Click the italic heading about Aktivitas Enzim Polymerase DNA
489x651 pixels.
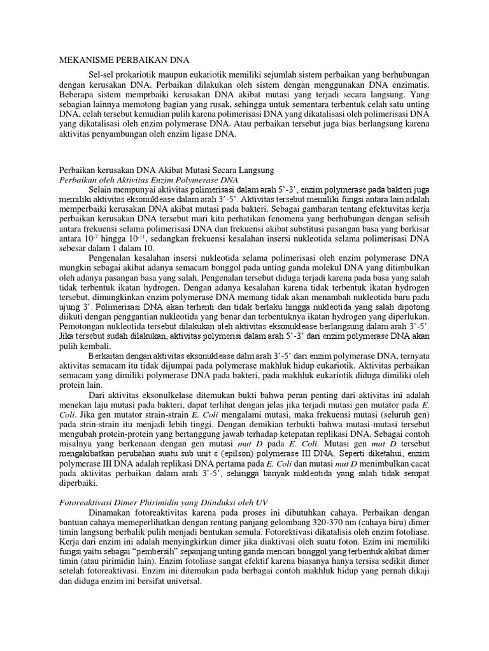[x=148, y=181]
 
